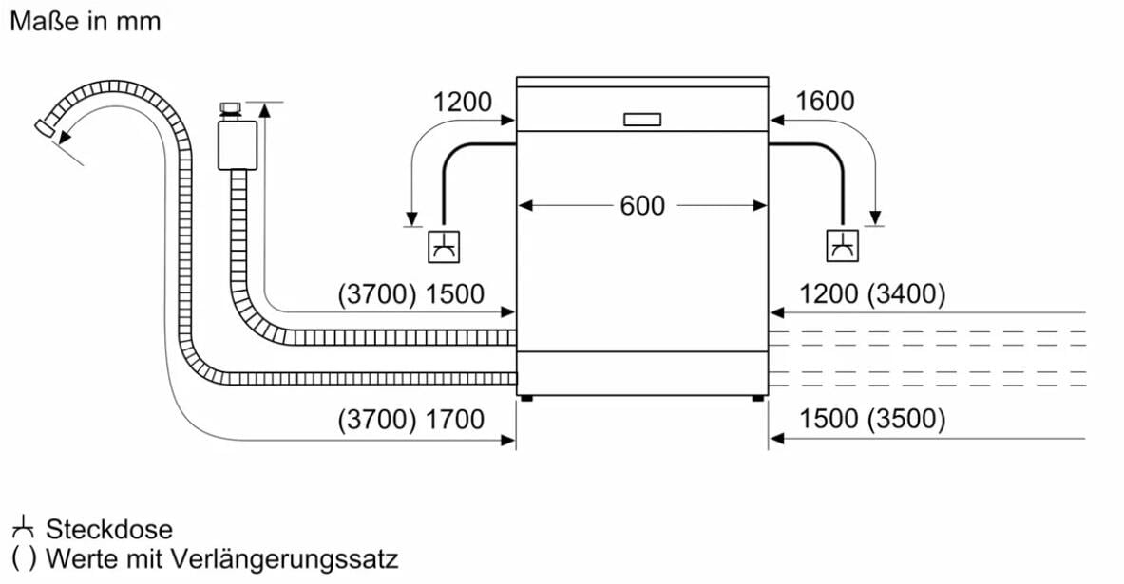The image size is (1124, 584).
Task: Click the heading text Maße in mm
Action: click(86, 22)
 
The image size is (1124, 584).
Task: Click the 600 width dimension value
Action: click(642, 206)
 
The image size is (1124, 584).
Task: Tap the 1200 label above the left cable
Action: click(463, 102)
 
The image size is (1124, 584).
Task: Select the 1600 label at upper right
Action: click(825, 101)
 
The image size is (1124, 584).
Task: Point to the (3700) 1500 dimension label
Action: click(411, 293)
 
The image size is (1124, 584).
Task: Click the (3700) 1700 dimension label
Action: click(411, 419)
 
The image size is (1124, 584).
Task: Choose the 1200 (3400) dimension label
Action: click(872, 293)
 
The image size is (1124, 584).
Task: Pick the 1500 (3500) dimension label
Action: click(872, 419)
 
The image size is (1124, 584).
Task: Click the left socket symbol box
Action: click(443, 247)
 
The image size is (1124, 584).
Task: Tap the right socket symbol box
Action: click(842, 246)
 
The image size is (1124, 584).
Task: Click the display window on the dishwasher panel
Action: click(642, 120)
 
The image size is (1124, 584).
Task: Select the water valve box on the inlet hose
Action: click(238, 145)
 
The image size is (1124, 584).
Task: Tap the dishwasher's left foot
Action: click(527, 398)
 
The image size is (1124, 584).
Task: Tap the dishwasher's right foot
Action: click(757, 398)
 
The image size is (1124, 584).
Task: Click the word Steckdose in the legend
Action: click(109, 530)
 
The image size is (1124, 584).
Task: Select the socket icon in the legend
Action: click(23, 527)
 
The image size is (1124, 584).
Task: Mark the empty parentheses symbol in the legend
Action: click(23, 559)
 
